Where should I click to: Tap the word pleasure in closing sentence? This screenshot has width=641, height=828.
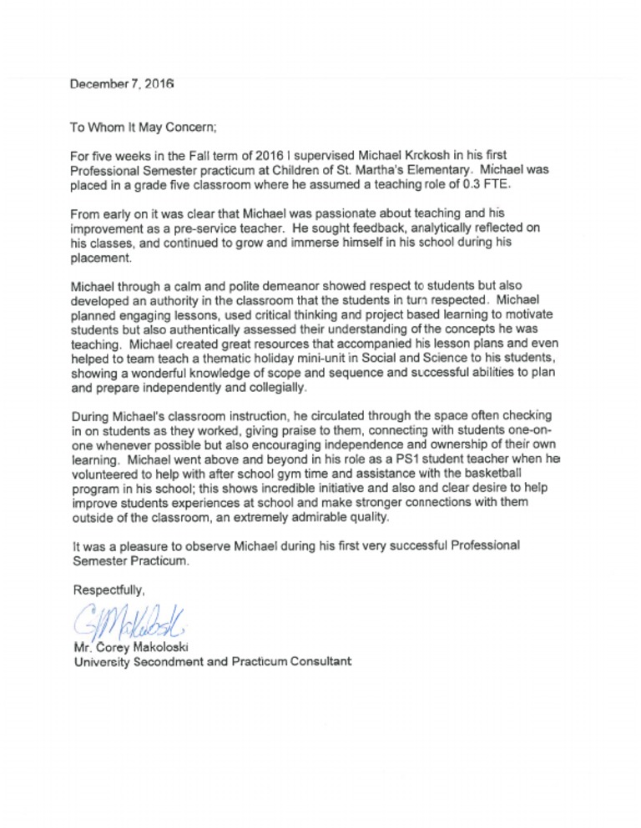point(158,546)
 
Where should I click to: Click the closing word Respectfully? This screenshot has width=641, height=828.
point(109,590)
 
